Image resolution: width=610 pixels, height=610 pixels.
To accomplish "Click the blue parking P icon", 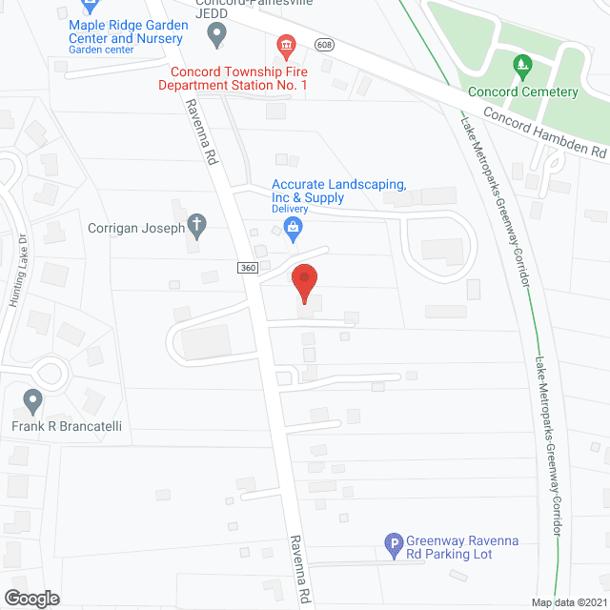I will click(393, 546).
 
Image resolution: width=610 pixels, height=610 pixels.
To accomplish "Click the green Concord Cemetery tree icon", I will click(521, 68).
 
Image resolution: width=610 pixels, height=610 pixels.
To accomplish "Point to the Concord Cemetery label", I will click(523, 92).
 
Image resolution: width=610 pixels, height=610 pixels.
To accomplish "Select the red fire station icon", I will click(285, 45).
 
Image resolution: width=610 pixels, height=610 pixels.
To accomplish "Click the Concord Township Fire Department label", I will click(239, 78).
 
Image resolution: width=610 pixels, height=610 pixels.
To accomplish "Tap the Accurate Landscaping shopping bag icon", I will click(293, 226).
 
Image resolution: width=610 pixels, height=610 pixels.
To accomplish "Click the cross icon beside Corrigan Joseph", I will click(196, 227).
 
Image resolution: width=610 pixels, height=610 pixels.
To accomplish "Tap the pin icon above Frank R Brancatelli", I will click(34, 400).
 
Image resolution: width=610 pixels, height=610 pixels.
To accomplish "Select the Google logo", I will click(30, 598).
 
